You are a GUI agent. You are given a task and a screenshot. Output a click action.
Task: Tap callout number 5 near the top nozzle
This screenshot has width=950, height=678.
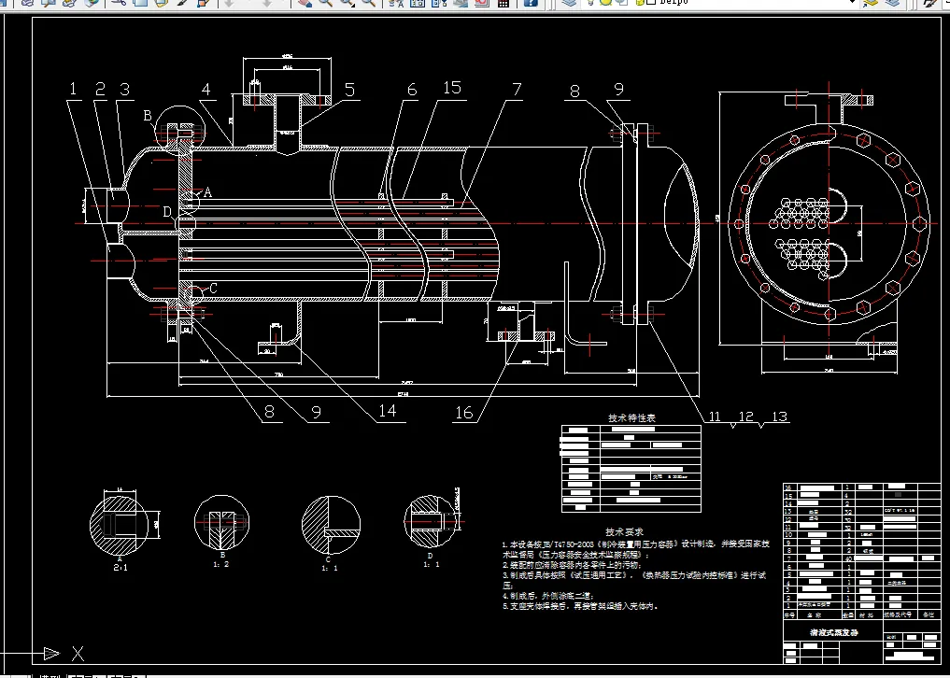[x=349, y=90]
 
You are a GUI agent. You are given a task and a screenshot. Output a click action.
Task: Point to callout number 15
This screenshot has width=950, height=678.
[x=452, y=88]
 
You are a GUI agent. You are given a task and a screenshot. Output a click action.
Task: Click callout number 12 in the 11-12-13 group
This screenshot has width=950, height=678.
[x=745, y=417]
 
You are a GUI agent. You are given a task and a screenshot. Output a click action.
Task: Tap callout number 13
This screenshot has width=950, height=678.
[x=778, y=417]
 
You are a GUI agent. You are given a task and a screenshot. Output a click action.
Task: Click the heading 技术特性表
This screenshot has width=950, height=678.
[x=632, y=418]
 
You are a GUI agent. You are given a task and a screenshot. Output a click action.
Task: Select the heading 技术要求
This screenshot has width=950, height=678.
[x=624, y=530]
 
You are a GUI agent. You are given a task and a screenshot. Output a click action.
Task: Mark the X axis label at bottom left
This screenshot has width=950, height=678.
[x=78, y=652]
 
